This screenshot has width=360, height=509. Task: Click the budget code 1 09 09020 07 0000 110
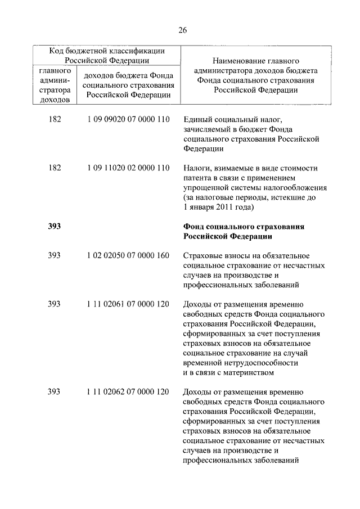pyautogui.click(x=128, y=120)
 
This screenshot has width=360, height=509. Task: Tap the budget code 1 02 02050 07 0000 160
pyautogui.click(x=128, y=255)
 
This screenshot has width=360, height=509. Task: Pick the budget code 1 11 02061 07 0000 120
pyautogui.click(x=128, y=304)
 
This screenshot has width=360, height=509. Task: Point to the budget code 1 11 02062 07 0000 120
pyautogui.click(x=128, y=391)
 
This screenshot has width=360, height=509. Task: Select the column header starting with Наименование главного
pyautogui.click(x=255, y=75)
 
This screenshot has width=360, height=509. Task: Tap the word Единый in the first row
pyautogui.click(x=197, y=120)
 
